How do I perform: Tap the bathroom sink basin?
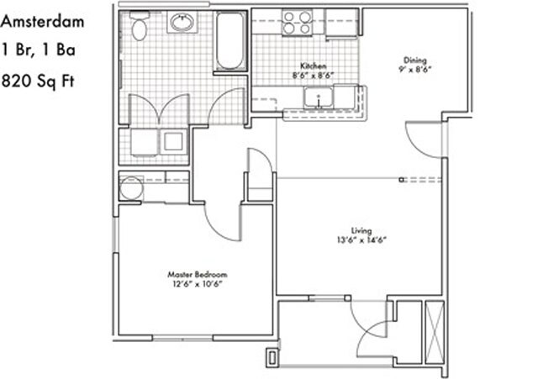182,23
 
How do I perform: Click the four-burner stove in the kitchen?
296,22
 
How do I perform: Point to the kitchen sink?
319,99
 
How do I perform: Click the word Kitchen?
315,66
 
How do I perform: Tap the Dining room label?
414,60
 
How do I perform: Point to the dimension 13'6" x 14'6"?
361,240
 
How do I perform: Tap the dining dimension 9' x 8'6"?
414,70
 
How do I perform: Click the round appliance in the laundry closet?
129,189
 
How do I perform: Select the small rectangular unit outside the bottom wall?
272,357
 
